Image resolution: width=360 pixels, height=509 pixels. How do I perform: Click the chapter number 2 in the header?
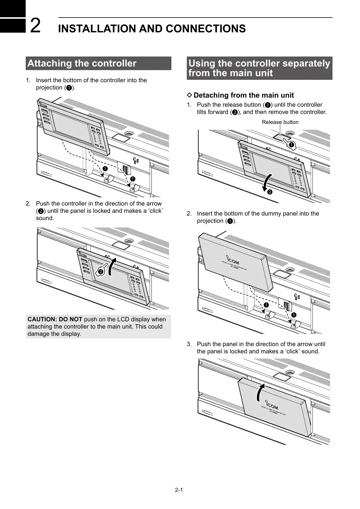coord(36,26)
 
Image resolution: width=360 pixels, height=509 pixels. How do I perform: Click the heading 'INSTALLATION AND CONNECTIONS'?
coord(152,29)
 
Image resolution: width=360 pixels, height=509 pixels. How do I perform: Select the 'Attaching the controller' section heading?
coord(82,63)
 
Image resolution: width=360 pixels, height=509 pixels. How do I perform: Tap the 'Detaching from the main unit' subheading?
coord(244,96)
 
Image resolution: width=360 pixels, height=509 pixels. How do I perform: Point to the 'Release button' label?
coord(280,122)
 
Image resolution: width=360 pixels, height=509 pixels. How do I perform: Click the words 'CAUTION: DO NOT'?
coord(55,319)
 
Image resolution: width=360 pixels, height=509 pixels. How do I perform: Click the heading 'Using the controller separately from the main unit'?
coord(259,68)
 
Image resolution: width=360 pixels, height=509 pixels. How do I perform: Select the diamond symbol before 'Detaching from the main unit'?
coord(190,95)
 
